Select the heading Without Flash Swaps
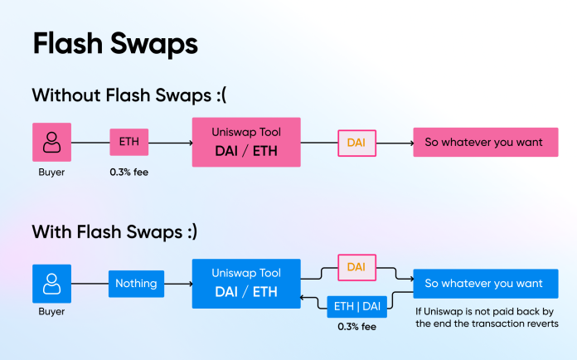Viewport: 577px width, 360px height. [x=128, y=95]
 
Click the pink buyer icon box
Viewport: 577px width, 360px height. [x=51, y=142]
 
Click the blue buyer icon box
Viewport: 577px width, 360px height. [x=51, y=284]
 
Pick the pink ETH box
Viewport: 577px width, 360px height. [x=128, y=142]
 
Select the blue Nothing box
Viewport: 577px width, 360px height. [x=136, y=284]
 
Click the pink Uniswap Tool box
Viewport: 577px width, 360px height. [x=246, y=142]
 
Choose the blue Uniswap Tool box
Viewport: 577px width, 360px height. [x=246, y=284]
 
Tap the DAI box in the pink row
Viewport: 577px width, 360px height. [x=356, y=143]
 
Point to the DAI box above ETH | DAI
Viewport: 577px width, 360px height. [x=356, y=267]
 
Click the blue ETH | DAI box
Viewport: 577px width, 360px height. [x=357, y=307]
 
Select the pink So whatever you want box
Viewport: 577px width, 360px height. [x=484, y=142]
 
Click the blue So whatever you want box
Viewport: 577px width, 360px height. [x=484, y=284]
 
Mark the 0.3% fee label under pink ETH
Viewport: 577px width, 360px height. [x=129, y=171]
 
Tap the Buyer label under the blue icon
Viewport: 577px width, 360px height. [x=51, y=313]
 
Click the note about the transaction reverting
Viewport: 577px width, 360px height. [x=487, y=318]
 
